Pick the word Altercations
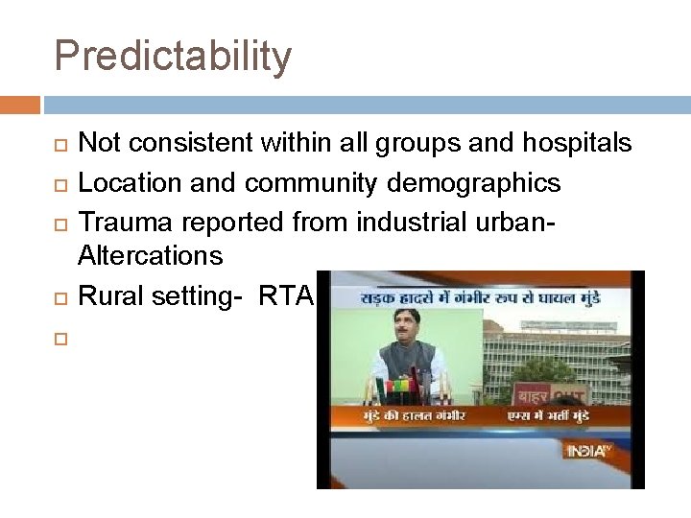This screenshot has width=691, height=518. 150,256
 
